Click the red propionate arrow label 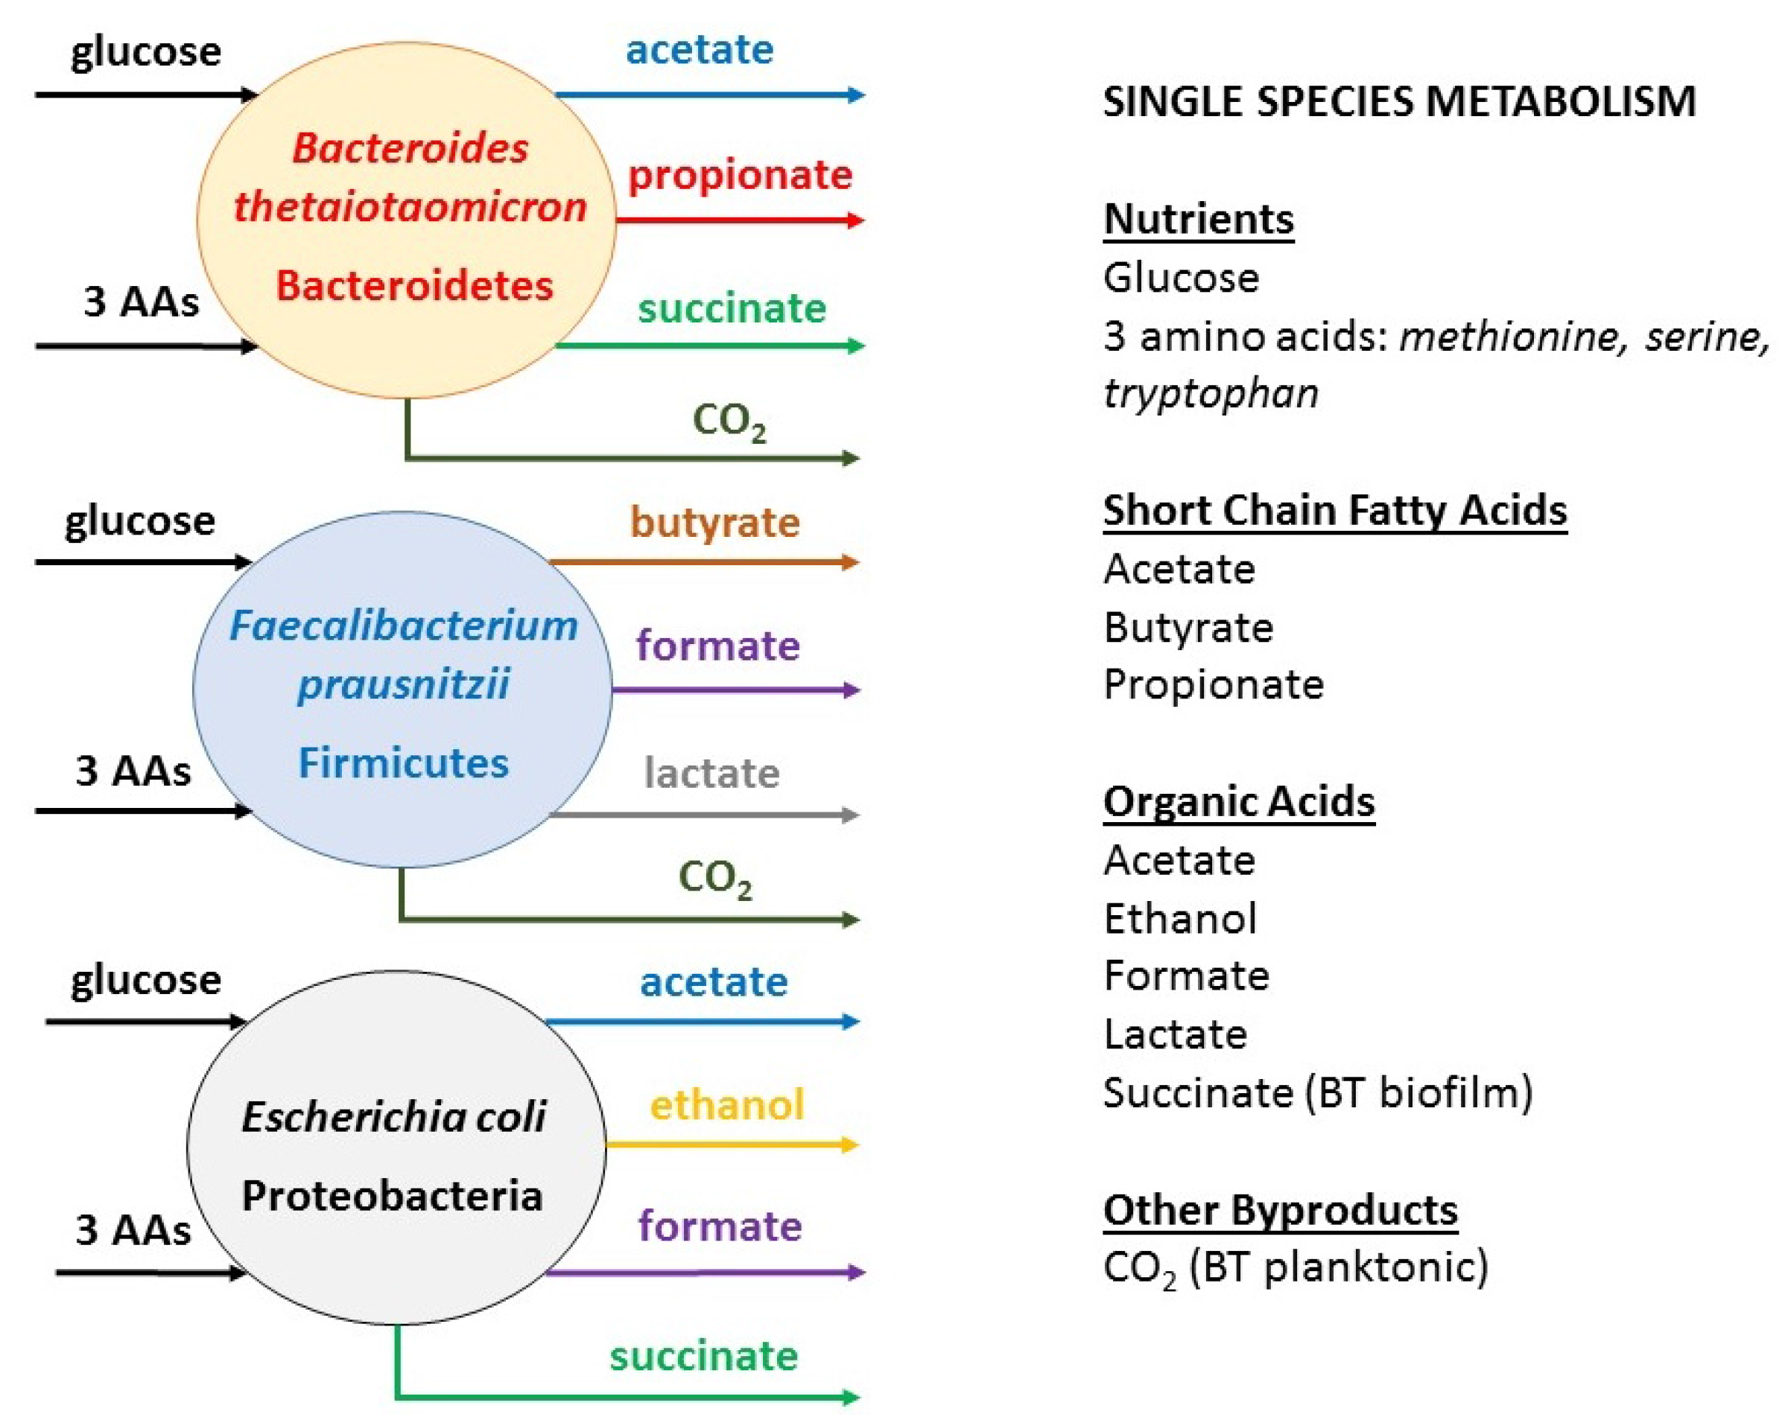tap(739, 176)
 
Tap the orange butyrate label tap(714, 522)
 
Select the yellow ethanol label tap(726, 1105)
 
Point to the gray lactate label tap(711, 773)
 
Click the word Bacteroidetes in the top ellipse tap(414, 285)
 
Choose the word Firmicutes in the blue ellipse tap(403, 763)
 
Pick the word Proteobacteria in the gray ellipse tap(392, 1195)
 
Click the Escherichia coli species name tap(393, 1116)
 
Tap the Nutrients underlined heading tap(1198, 220)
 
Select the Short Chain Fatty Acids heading tap(1334, 510)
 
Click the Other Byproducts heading tap(1280, 1209)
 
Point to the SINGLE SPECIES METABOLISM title tap(1399, 102)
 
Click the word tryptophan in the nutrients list tap(1211, 392)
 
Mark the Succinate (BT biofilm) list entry tap(1317, 1092)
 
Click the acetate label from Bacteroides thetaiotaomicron tap(700, 50)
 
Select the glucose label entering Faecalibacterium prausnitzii tap(140, 521)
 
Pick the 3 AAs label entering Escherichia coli tap(133, 1230)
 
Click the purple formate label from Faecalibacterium tap(718, 646)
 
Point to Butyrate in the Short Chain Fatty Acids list tap(1188, 627)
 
